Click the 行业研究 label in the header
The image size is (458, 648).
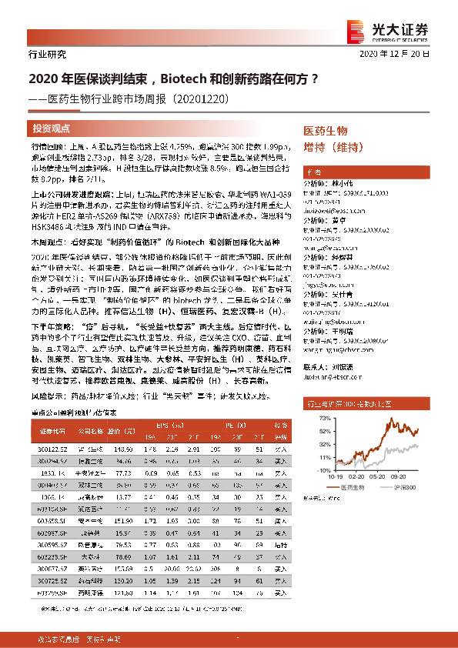47,54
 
